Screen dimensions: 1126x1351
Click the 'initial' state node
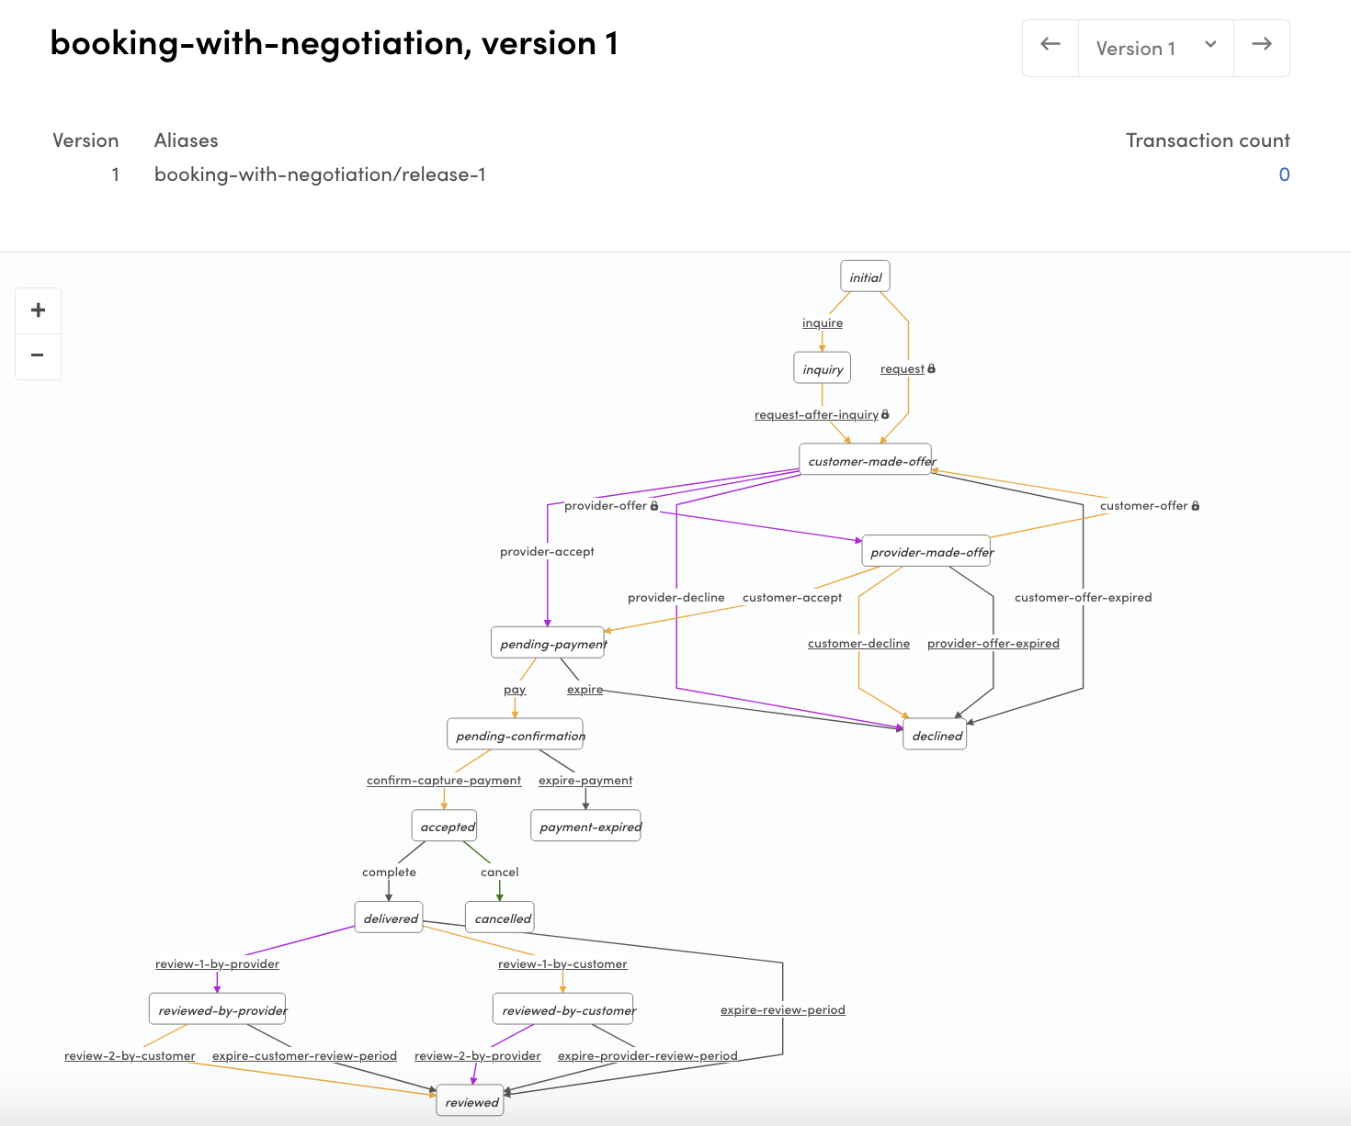tap(865, 276)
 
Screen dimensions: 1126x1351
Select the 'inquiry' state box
tap(822, 368)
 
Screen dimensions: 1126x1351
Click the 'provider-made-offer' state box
tap(926, 552)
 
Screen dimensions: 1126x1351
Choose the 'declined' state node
tap(935, 736)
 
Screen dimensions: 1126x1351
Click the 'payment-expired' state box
tap(585, 827)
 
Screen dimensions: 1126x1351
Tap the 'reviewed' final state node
tap(470, 1102)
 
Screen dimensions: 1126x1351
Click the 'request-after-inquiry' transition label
tap(816, 414)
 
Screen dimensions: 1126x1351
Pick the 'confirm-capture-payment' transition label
tap(444, 781)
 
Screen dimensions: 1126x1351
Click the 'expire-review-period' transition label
tap(782, 1010)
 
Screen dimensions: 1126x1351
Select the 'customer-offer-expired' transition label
tap(1083, 598)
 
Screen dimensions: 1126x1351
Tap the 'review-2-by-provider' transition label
tap(477, 1056)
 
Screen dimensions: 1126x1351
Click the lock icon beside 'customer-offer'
tap(1195, 506)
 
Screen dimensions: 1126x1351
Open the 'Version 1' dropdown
tap(1155, 48)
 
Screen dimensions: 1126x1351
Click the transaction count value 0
tap(1284, 175)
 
